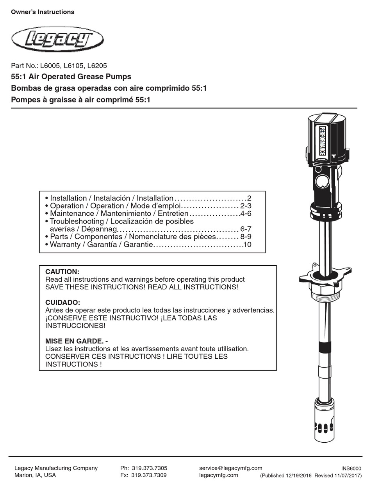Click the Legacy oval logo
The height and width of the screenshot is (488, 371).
click(58, 39)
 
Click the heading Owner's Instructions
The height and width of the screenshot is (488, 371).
click(43, 12)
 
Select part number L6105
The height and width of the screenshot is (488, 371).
click(75, 66)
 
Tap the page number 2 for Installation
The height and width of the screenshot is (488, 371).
click(249, 198)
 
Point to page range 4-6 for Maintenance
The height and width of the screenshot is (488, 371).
click(246, 214)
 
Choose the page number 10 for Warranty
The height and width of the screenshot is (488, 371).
click(247, 245)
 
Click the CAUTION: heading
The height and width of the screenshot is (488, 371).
click(62, 272)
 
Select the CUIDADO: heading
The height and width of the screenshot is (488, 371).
click(62, 302)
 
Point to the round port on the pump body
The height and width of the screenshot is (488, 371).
click(322, 181)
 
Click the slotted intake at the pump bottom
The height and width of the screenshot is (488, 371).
click(325, 427)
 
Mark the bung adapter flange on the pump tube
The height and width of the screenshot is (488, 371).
click(325, 275)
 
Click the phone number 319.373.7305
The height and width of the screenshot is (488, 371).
click(149, 468)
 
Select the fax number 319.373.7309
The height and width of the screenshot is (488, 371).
click(149, 475)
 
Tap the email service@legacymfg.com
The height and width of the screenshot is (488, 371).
click(230, 468)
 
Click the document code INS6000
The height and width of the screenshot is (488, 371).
click(351, 469)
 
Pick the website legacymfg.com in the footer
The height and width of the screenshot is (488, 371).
click(218, 475)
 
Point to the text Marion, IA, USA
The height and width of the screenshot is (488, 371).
click(35, 475)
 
